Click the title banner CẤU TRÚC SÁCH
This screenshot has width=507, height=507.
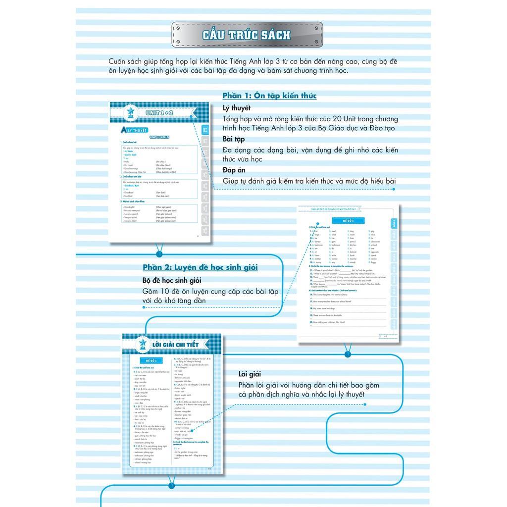click(x=247, y=35)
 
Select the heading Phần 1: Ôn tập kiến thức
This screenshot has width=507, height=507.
click(x=269, y=96)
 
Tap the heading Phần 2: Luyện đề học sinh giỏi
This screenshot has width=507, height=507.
click(x=200, y=267)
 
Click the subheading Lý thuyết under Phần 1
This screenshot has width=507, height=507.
click(x=237, y=108)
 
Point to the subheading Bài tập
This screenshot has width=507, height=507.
click(x=234, y=139)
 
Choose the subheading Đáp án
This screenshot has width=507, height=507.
click(x=234, y=170)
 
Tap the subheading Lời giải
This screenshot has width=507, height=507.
click(x=250, y=374)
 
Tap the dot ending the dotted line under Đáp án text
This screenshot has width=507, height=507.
click(x=394, y=189)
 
